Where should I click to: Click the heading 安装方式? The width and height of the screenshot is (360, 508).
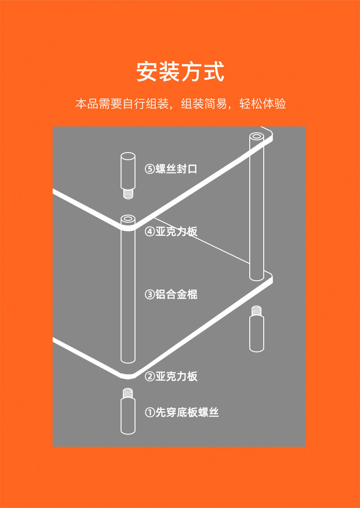[180, 72]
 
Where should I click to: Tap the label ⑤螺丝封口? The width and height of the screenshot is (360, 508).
[171, 169]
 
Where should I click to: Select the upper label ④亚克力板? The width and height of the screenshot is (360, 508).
[171, 232]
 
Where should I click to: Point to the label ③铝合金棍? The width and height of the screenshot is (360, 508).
[171, 295]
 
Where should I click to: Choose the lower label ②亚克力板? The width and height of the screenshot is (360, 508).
[171, 376]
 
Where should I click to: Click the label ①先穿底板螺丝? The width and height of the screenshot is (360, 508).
[182, 412]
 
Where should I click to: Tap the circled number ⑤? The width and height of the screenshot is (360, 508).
[149, 169]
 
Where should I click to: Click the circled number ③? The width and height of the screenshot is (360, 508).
[149, 295]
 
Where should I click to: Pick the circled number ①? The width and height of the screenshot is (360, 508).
[149, 412]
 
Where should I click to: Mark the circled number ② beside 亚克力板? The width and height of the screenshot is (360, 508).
[149, 376]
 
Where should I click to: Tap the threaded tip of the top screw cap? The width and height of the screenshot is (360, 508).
[128, 194]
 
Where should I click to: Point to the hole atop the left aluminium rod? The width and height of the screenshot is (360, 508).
[128, 219]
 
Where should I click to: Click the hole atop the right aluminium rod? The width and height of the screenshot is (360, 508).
[256, 135]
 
